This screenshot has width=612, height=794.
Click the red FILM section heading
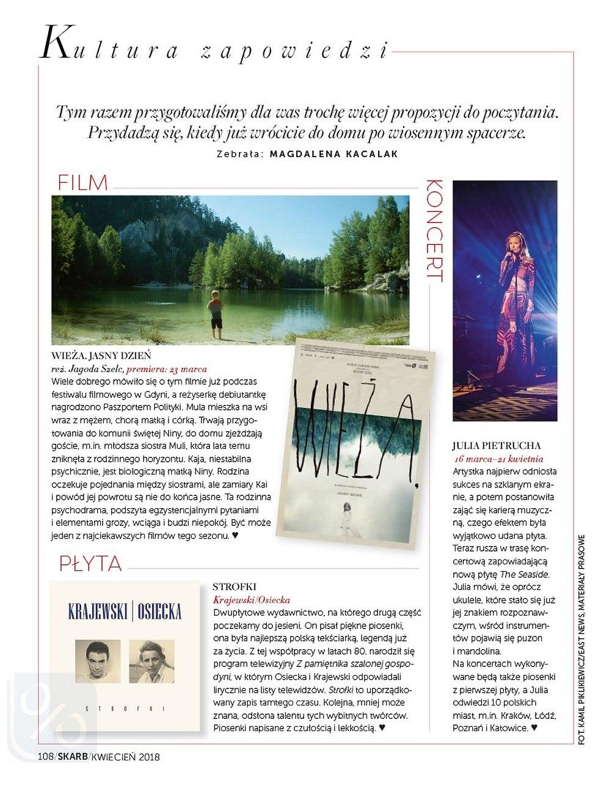(x=82, y=182)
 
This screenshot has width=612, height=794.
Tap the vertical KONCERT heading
(x=432, y=230)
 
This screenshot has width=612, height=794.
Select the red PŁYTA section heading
(x=90, y=563)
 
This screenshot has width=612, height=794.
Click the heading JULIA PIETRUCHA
(x=497, y=446)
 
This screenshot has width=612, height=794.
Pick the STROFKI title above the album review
(x=235, y=587)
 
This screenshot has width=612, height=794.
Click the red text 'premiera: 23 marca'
(x=166, y=369)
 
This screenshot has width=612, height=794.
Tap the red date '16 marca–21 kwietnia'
(x=499, y=459)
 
